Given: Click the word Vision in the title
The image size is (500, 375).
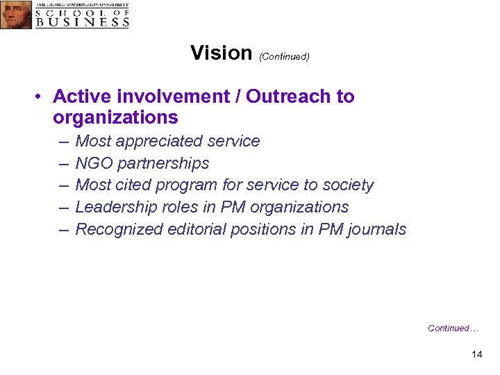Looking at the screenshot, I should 221,53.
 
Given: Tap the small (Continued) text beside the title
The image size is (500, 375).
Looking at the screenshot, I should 284,56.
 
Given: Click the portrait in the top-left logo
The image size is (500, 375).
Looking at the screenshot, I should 16,15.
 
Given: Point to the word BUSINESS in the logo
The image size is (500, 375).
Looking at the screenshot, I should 83,22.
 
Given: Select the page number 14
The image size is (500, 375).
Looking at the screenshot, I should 476,354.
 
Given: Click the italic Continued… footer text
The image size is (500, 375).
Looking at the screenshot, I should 453,328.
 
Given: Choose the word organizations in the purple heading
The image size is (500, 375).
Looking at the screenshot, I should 115,117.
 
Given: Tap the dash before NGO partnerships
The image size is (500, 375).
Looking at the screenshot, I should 64,163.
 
